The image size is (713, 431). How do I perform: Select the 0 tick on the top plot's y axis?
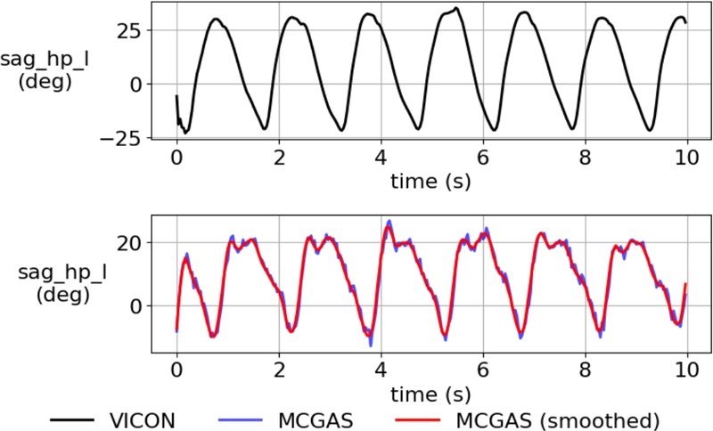coord(137,85)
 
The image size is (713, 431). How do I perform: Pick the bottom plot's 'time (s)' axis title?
coord(431,389)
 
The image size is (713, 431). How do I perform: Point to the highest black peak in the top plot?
coord(456,9)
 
